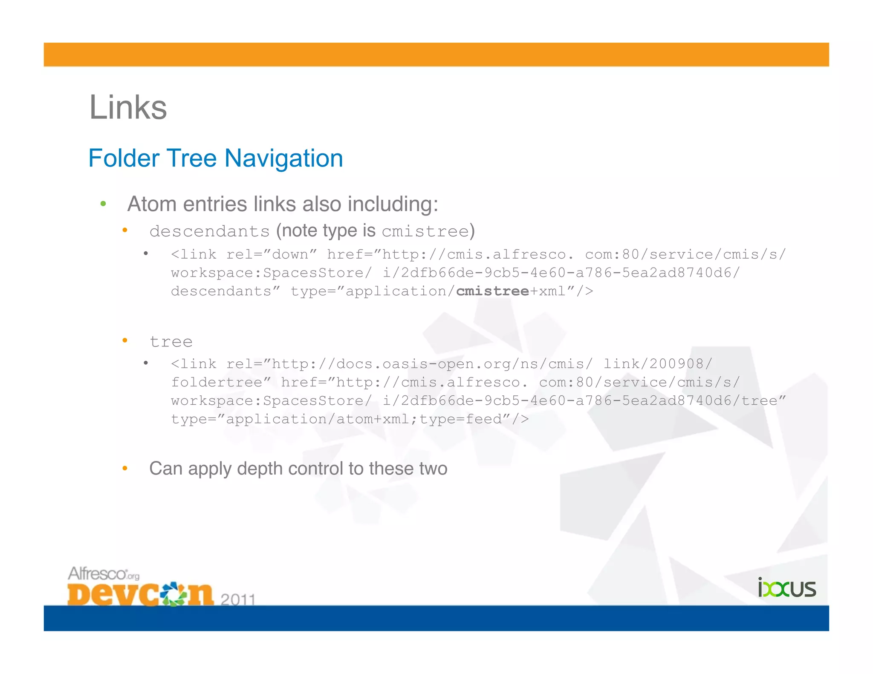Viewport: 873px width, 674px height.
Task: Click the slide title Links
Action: [128, 107]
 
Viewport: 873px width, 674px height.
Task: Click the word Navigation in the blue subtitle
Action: [283, 158]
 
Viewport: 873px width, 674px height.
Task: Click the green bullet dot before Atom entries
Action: [103, 204]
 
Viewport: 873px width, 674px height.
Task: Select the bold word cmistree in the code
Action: [492, 291]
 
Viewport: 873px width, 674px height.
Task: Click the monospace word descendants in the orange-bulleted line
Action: [209, 231]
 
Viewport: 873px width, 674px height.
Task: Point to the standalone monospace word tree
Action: [171, 342]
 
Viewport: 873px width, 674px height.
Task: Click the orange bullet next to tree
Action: [125, 340]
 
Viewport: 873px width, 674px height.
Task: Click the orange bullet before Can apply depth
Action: [125, 469]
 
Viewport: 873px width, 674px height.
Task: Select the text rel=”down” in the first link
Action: [272, 254]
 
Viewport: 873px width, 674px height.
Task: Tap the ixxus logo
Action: [786, 588]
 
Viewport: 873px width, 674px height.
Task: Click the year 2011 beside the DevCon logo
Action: [238, 599]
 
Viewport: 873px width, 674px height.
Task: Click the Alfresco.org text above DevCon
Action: [104, 573]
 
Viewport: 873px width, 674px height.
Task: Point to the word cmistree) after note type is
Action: [428, 231]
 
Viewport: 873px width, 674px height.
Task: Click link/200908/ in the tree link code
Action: [657, 364]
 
